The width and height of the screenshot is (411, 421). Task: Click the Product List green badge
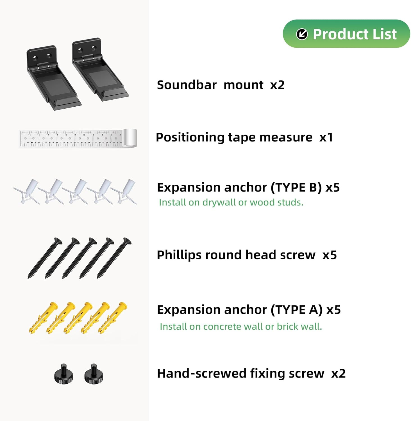pyautogui.click(x=346, y=34)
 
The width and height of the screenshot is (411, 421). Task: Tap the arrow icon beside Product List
pyautogui.click(x=302, y=34)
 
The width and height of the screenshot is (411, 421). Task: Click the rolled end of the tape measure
pyautogui.click(x=130, y=138)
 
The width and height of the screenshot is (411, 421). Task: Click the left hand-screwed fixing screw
pyautogui.click(x=64, y=374)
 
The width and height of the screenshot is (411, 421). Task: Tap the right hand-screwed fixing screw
pyautogui.click(x=94, y=374)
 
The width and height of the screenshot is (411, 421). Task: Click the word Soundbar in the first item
pyautogui.click(x=187, y=85)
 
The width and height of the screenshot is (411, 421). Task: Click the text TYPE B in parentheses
pyautogui.click(x=296, y=187)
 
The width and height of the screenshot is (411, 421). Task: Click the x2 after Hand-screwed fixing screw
pyautogui.click(x=338, y=374)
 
